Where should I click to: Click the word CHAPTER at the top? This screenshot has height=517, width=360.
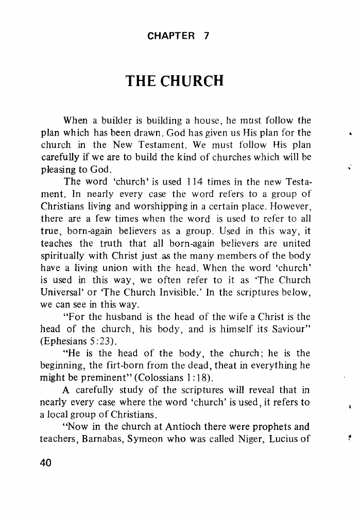(x=170, y=36)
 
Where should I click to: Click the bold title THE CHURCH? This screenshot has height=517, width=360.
(x=175, y=81)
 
